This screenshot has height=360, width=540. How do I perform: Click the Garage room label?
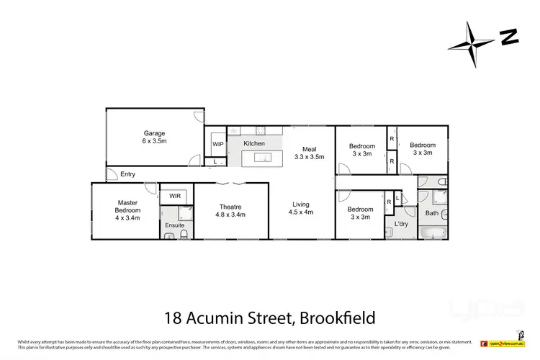coord(154,133)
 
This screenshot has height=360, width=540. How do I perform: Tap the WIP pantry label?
coord(217,144)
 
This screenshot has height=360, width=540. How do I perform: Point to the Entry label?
coord(127,174)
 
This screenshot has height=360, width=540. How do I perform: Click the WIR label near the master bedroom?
coord(175,196)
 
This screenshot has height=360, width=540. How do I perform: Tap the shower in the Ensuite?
coord(184,213)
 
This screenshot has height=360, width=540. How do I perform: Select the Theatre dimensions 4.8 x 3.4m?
coord(231,215)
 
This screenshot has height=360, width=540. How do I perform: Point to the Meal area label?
coord(310,149)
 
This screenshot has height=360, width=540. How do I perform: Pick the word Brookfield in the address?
coord(328,317)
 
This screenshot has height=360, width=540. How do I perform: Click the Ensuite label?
coord(175,225)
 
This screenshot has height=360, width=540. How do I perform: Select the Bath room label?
coord(432,213)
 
